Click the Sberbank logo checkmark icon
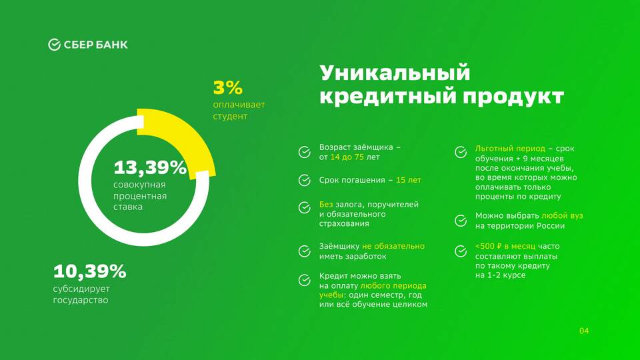(x=54, y=45)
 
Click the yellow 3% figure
(x=228, y=88)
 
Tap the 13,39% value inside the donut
(x=150, y=167)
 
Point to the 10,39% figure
(x=90, y=271)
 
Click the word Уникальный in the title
(x=395, y=73)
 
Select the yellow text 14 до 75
(x=347, y=157)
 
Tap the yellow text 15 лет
(x=408, y=180)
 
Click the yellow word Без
(x=326, y=204)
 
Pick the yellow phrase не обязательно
(x=393, y=247)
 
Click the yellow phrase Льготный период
(x=510, y=149)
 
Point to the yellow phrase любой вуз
(x=562, y=216)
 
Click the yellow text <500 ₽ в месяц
(x=505, y=247)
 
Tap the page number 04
(x=584, y=331)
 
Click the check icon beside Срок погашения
(x=305, y=180)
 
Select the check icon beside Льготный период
(x=461, y=152)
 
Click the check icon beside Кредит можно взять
(x=305, y=280)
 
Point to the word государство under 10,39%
(x=81, y=301)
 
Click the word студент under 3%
(x=230, y=116)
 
